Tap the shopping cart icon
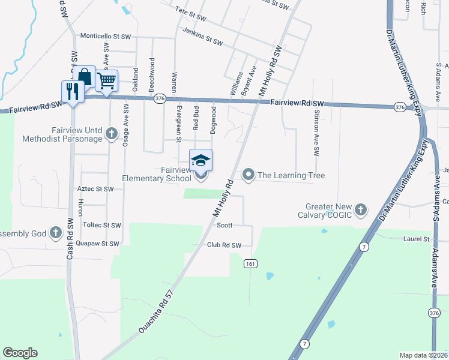tap(106, 80)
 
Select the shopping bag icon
tap(85, 77)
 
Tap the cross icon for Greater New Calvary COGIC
tap(360, 209)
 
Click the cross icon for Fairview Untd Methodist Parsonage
tap(110, 134)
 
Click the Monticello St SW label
tap(106, 37)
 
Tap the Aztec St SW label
tap(95, 189)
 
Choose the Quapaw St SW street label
tap(98, 244)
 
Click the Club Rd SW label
tap(224, 245)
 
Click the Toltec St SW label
tap(102, 226)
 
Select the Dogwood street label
tap(213, 119)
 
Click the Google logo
tap(20, 353)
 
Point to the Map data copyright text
tap(423, 355)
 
